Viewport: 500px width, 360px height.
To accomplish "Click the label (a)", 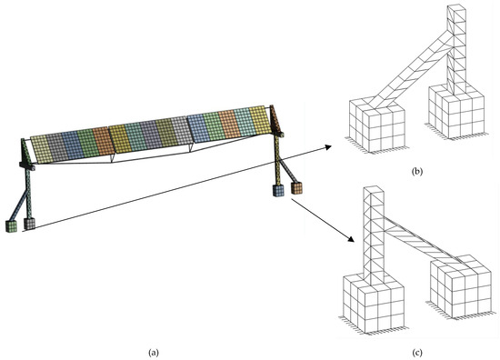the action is [x=154, y=353].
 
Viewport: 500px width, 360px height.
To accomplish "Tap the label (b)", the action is [x=417, y=172].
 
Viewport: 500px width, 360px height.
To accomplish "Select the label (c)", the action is [x=417, y=353].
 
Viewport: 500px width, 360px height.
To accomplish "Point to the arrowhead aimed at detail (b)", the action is [x=327, y=147].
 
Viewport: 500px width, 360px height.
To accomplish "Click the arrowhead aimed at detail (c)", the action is [x=351, y=239].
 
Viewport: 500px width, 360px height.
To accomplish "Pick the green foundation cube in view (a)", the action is [x=12, y=226].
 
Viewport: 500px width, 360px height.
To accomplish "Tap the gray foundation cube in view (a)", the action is [x=29, y=224].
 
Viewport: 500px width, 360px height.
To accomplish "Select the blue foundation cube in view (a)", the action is [x=278, y=190].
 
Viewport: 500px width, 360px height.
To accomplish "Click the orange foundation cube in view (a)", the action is [x=296, y=188].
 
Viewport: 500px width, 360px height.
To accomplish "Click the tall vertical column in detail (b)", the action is [x=456, y=48].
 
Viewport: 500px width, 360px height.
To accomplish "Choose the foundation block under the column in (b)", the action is [x=456, y=112].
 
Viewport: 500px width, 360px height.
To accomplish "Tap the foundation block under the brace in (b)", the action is [x=377, y=125].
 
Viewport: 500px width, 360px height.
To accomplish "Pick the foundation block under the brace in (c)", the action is [x=461, y=286].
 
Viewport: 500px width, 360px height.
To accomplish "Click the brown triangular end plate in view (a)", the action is [x=275, y=120].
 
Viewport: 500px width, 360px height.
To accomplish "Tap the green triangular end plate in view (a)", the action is [x=26, y=152].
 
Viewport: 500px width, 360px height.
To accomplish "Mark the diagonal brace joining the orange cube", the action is [x=287, y=171].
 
